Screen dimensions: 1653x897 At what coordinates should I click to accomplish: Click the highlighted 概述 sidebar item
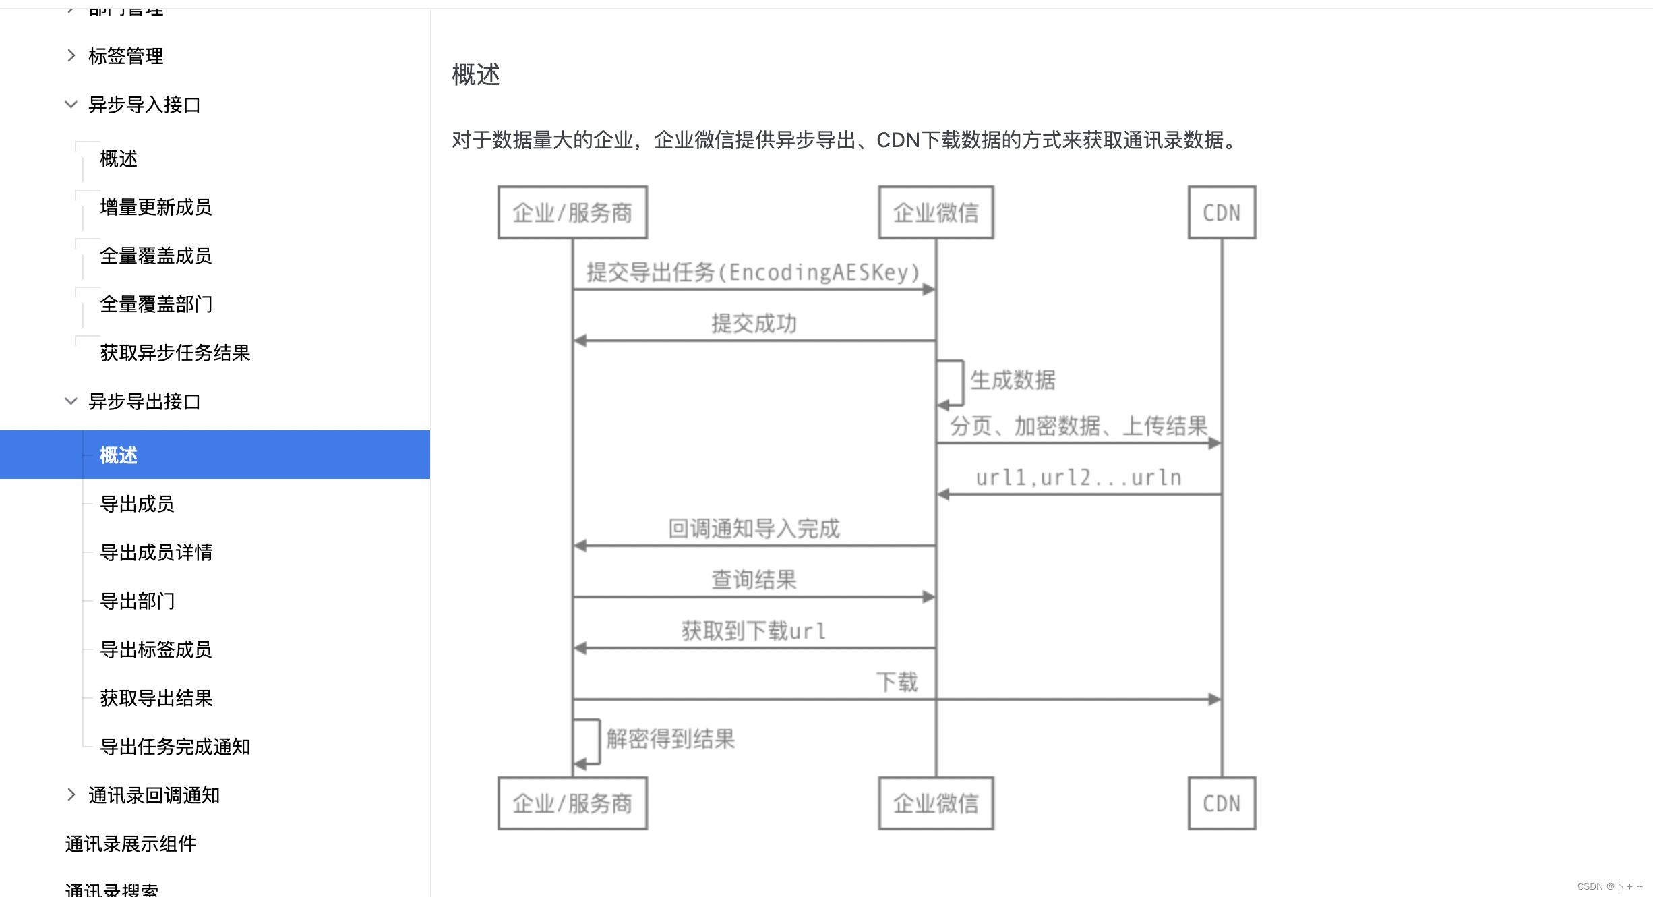[119, 455]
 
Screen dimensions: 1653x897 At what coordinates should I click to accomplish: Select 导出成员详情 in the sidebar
[156, 552]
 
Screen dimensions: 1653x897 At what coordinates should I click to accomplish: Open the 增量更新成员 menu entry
[156, 207]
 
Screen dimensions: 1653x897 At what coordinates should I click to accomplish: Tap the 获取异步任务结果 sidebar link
[175, 353]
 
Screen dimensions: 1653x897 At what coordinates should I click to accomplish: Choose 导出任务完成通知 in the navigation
[175, 747]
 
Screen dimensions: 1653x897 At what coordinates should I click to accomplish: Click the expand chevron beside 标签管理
[71, 55]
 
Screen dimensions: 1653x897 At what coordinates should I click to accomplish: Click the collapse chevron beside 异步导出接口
[71, 401]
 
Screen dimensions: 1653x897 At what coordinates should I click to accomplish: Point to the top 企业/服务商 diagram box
[572, 212]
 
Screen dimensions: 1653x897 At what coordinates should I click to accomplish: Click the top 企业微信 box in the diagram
[936, 212]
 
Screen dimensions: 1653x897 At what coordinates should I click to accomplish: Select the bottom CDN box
[1222, 803]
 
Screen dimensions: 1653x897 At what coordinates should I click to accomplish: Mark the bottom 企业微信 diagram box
[936, 803]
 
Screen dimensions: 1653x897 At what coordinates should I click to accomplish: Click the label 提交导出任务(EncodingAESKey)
[753, 272]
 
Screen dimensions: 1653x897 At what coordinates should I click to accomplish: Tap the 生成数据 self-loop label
[1013, 380]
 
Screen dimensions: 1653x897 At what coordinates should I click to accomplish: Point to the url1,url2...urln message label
[1079, 478]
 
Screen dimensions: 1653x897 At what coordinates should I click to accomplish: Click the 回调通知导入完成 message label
[754, 529]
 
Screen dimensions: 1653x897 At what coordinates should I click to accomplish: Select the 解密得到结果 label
[670, 739]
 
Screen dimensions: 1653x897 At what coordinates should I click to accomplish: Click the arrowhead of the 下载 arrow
[1215, 699]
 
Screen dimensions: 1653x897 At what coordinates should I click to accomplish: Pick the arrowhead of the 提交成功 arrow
[580, 341]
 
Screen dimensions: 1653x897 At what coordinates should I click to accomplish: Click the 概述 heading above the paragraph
[476, 75]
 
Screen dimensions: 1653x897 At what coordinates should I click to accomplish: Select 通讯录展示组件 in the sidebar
[131, 844]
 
